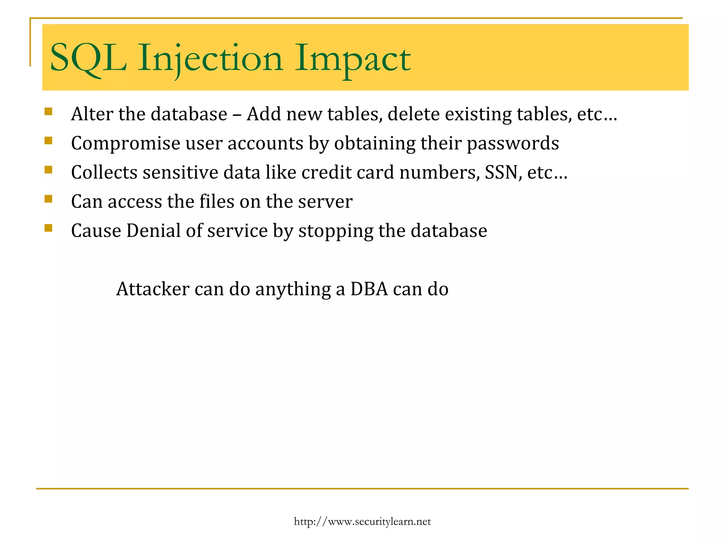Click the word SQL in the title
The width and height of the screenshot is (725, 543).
pyautogui.click(x=88, y=58)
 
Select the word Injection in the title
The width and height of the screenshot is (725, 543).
pyautogui.click(x=210, y=58)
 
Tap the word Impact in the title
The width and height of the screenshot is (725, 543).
pyautogui.click(x=352, y=58)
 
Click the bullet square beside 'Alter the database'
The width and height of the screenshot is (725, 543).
pyautogui.click(x=48, y=112)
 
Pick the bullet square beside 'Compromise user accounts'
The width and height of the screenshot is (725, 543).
pyautogui.click(x=48, y=141)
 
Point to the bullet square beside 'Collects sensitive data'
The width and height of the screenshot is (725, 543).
pyautogui.click(x=48, y=170)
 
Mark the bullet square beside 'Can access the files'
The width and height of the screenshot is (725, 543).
pyautogui.click(x=48, y=199)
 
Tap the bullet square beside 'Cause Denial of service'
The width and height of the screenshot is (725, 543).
pyautogui.click(x=48, y=228)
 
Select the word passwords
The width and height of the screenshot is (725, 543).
pyautogui.click(x=513, y=144)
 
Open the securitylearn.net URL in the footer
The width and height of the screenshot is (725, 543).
pyautogui.click(x=362, y=521)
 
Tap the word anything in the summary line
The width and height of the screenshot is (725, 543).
pyautogui.click(x=293, y=289)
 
